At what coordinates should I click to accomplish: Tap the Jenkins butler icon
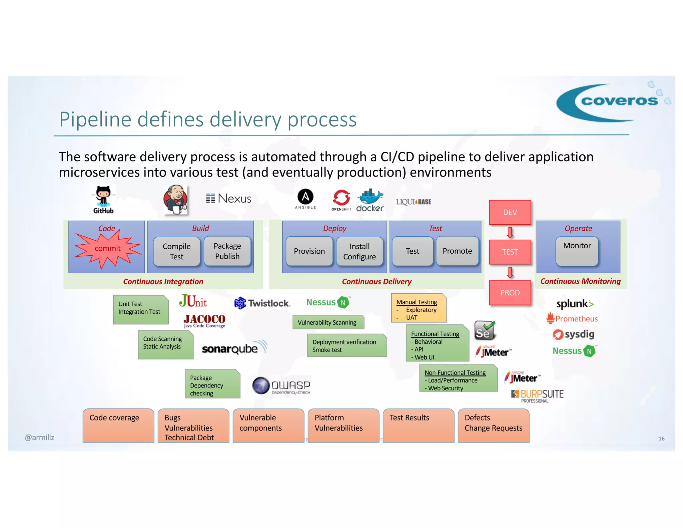tap(176, 200)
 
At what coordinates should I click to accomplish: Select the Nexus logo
tap(228, 199)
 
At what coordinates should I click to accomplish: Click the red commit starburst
tap(107, 249)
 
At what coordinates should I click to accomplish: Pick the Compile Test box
tap(177, 251)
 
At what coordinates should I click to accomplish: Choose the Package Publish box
tap(227, 251)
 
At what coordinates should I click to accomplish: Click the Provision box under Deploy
tap(309, 251)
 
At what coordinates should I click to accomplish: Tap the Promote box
tap(457, 251)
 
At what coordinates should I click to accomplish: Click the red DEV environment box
tap(510, 213)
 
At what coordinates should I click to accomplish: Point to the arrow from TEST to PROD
tap(510, 273)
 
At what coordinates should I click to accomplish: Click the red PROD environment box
tap(510, 293)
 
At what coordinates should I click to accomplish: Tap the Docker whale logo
tap(370, 200)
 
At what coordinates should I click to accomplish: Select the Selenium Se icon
tap(484, 330)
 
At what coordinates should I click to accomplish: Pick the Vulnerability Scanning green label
tap(327, 322)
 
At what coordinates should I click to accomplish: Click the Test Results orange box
tap(418, 425)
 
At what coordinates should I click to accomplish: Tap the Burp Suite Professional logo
tap(537, 396)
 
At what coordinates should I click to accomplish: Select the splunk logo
tap(575, 304)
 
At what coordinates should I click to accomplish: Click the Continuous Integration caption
tap(163, 282)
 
